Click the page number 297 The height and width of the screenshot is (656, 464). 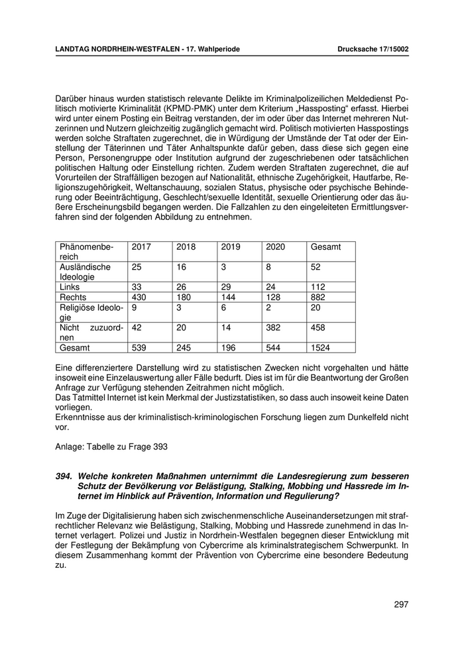pyautogui.click(x=400, y=604)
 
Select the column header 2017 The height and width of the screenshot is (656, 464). pyautogui.click(x=141, y=247)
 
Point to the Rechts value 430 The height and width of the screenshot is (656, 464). pyautogui.click(x=139, y=298)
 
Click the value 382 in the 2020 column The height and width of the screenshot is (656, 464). pyautogui.click(x=273, y=327)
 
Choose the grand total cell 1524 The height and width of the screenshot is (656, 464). pyautogui.click(x=321, y=347)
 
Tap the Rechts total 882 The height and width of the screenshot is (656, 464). pyautogui.click(x=318, y=298)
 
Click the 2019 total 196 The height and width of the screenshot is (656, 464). pyautogui.click(x=229, y=347)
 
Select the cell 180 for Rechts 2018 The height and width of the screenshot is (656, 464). pyautogui.click(x=184, y=298)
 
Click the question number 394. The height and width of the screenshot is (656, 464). pyautogui.click(x=64, y=475)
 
